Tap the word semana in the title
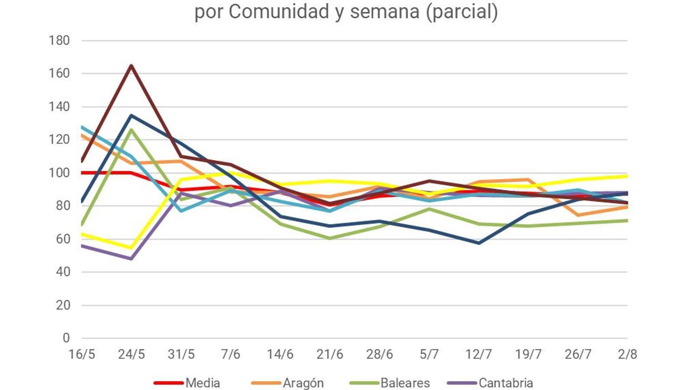pos(385,12)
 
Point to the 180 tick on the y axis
pos(59,41)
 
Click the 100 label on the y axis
pos(59,173)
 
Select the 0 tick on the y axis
pos(66,338)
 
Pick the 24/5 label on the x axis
pos(131,354)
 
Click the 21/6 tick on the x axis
pos(330,354)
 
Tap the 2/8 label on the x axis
pos(627,354)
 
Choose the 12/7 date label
pos(479,354)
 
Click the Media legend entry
pos(202,383)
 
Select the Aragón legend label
pos(303,383)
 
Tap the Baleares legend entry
pos(405,383)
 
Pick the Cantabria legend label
pos(505,383)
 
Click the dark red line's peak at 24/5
pos(131,65)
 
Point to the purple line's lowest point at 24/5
pos(131,259)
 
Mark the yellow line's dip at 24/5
pos(131,248)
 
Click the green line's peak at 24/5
pos(131,129)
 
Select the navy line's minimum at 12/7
pos(479,243)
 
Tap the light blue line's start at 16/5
pos(82,127)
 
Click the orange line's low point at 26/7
pos(578,215)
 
